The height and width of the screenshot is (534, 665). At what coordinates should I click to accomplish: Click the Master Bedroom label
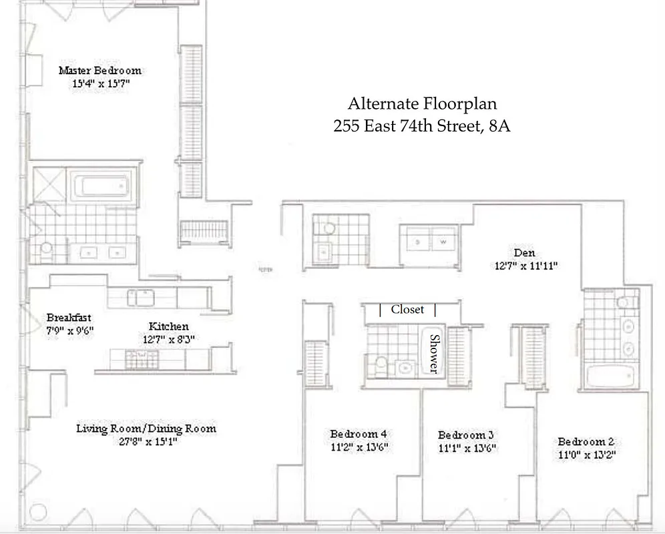pos(99,70)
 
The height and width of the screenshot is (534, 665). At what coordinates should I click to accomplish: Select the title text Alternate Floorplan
pos(422,104)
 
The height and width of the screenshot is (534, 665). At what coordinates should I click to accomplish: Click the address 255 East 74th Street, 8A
pos(422,126)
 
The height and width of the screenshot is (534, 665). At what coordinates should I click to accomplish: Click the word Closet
pos(407,310)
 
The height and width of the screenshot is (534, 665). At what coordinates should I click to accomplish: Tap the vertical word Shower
pos(435,353)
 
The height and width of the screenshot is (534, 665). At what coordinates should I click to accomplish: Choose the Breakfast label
pos(69,317)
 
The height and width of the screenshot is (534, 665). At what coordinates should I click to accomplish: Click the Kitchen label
pos(168,326)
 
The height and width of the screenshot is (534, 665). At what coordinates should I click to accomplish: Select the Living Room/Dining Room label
pos(146,428)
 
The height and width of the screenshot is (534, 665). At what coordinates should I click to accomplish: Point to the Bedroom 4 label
pos(359,434)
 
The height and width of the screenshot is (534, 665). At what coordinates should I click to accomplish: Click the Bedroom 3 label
pos(466,435)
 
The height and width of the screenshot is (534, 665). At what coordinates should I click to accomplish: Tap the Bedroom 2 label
pos(586,441)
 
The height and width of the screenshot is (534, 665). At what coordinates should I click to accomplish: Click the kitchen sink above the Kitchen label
pos(142,297)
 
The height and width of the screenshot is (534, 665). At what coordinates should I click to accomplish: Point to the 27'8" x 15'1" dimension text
pos(146,441)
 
